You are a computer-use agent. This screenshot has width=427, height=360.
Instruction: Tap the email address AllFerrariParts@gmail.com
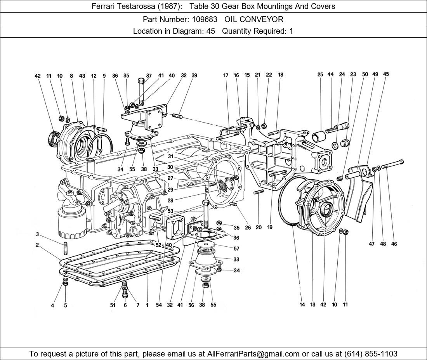click(x=253, y=353)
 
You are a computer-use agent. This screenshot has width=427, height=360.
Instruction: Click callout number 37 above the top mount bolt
click(x=149, y=76)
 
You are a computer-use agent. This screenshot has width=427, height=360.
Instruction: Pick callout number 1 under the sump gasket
click(x=147, y=305)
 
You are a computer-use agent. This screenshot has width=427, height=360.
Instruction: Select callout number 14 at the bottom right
click(x=302, y=305)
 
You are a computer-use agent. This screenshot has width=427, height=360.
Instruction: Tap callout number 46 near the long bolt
click(x=394, y=244)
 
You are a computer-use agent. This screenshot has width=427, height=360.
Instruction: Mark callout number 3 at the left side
click(x=37, y=234)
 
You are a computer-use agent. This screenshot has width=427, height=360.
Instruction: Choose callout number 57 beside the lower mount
click(x=236, y=249)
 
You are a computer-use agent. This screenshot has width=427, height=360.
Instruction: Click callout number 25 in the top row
click(x=320, y=74)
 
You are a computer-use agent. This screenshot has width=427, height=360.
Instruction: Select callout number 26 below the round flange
click(x=248, y=228)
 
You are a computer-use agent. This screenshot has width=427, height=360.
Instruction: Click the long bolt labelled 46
click(x=392, y=164)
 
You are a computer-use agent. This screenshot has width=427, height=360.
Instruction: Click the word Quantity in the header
click(x=238, y=31)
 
